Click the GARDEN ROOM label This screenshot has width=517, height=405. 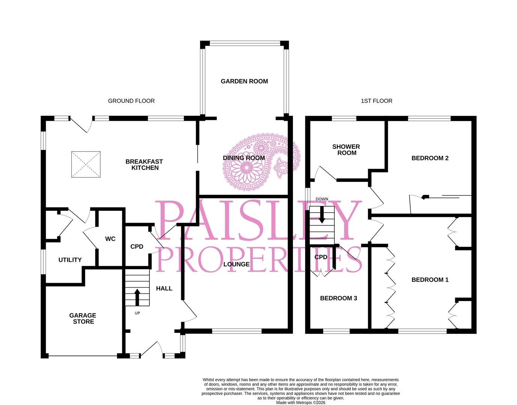pos(244,81)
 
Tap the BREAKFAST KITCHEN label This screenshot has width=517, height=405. pos(144,165)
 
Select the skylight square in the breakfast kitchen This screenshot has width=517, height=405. pos(86,164)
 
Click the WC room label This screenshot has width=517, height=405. pos(110,239)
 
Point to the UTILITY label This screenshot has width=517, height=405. pos(70,260)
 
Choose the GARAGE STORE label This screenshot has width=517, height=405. pos(83,318)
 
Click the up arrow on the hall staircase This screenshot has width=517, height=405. pos(137,297)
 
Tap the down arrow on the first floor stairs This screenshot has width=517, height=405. pos(322,215)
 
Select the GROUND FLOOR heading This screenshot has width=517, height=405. pos(131,101)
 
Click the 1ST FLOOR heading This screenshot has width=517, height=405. pos(376,101)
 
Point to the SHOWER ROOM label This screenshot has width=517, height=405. pos(346,150)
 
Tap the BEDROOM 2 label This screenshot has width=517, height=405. pos(430,158)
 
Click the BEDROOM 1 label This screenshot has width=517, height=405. pos(430,280)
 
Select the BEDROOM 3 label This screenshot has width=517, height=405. pos(338,298)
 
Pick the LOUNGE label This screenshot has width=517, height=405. pos(236,264)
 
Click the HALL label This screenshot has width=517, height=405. pos(164,288)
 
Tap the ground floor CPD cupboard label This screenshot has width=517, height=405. pos(137,247)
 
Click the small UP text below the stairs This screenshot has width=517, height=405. pos(137,313)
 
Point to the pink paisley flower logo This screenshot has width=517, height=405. pos(261,162)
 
